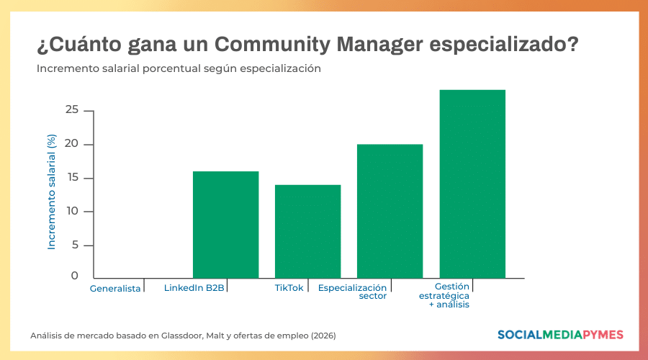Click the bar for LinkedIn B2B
[x=225, y=225]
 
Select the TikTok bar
[x=307, y=231]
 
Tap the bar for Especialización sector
[x=390, y=211]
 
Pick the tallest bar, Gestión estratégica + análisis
[x=472, y=184]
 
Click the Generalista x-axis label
[x=115, y=289]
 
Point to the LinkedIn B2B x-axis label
[x=194, y=288]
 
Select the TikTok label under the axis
[x=289, y=288]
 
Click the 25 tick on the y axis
[x=71, y=110]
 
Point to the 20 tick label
[x=71, y=144]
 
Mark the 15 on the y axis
[x=71, y=178]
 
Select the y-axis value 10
[x=71, y=211]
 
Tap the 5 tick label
[x=73, y=245]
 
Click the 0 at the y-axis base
[x=74, y=276]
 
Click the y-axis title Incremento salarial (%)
[x=52, y=192]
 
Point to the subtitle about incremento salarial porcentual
[x=179, y=69]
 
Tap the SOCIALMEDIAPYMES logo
[x=560, y=335]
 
